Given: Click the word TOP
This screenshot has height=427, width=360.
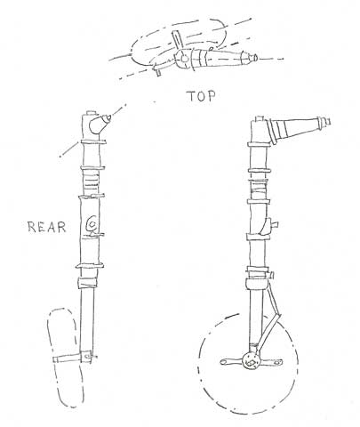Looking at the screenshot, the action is tap(201, 96).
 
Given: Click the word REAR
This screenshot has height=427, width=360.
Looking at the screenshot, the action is tap(47, 227).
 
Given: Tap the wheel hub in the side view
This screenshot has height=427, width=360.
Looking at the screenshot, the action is tap(251, 361).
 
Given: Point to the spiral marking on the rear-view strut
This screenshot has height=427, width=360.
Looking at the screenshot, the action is tap(92, 224).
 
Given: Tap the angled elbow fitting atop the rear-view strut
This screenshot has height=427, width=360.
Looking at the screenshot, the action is tap(99, 124).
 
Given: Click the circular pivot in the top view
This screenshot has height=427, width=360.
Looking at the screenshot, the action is tap(184, 59).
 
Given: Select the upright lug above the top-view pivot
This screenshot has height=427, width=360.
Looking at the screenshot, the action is tap(177, 40).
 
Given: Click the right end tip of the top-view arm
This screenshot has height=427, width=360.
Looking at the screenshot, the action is tap(257, 57).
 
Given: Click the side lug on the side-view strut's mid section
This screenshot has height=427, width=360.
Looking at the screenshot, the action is tap(273, 224).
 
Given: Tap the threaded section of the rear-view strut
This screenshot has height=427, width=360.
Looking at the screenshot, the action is tap(91, 182).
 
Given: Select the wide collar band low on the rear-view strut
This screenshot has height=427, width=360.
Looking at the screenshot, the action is tap(87, 283).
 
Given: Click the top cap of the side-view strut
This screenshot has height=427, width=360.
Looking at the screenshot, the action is tap(260, 118).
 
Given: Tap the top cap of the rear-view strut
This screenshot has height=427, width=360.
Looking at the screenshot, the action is tap(92, 114).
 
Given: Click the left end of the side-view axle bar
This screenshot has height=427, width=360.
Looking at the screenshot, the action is tap(222, 361).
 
